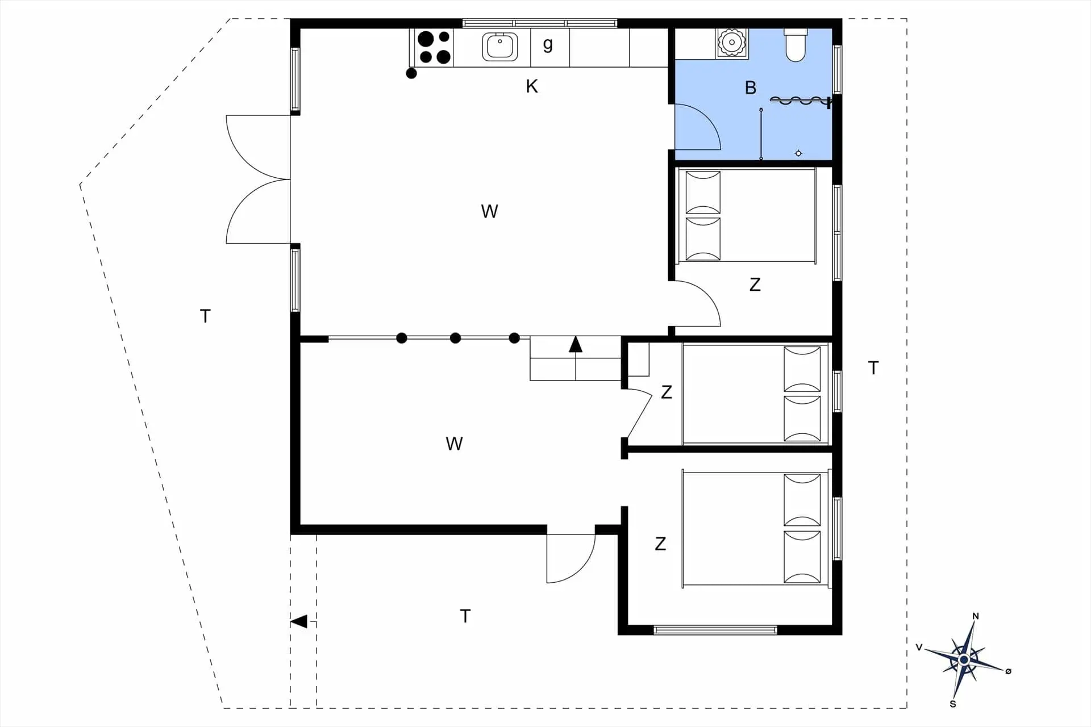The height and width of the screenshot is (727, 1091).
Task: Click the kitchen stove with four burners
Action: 434,48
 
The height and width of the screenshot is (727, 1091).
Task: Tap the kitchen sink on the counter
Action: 500,47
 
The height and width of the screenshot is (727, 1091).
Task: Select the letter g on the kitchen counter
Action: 548,44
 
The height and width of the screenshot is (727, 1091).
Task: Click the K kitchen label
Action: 532,86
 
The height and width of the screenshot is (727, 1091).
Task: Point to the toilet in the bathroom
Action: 796,45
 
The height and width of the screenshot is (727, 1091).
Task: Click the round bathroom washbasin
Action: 732,43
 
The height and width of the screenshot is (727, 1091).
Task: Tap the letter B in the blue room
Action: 751,87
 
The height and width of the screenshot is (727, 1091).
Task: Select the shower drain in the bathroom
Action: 798,153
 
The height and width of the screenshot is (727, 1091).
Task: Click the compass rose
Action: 964,660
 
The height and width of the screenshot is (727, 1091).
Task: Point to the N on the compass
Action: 976,616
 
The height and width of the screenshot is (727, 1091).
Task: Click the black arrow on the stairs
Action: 576,344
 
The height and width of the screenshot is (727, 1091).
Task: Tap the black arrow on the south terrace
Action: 299,621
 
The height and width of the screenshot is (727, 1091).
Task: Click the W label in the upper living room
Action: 489,211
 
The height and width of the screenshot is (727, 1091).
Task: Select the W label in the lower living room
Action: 454,444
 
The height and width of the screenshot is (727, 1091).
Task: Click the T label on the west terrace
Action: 205,316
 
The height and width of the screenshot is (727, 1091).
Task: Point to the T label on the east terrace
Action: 873,368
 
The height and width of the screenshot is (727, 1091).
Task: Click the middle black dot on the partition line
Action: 455,339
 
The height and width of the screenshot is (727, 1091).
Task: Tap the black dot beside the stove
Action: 411,73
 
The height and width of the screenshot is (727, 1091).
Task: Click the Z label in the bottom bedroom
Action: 660,544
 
